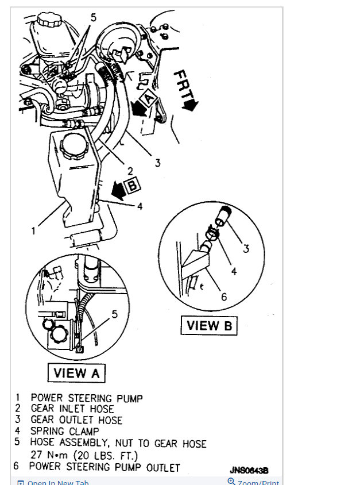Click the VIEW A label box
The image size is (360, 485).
click(76, 373)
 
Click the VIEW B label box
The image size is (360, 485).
click(209, 326)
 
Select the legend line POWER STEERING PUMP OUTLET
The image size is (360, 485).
click(104, 467)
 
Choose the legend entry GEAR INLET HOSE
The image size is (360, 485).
click(76, 409)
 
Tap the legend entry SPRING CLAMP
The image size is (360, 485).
click(65, 432)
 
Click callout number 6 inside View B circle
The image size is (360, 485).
click(224, 297)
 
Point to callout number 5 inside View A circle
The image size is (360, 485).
click(114, 314)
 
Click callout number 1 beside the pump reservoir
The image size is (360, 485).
click(34, 231)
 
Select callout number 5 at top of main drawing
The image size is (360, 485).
click(94, 17)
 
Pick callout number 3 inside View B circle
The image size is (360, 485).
click(246, 249)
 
